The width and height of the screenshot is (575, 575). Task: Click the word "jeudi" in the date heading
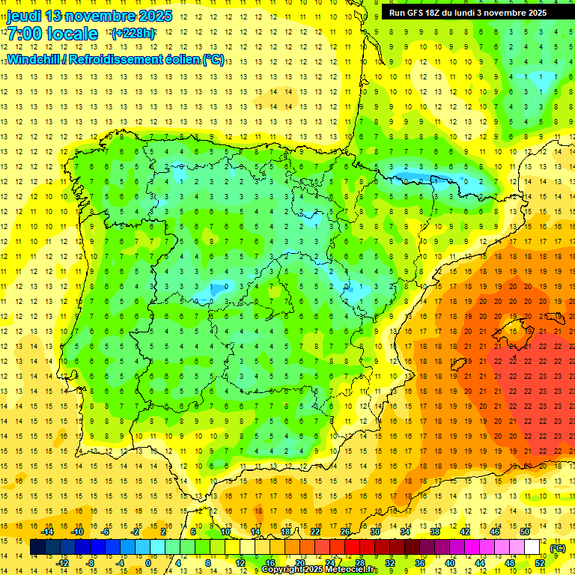24,16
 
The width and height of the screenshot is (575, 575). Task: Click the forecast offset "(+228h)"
133,34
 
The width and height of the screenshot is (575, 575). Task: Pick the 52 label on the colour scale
540,563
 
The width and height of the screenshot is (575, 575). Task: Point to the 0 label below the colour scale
148,563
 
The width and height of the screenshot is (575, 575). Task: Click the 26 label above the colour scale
345,532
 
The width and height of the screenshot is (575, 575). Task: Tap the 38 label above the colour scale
434,532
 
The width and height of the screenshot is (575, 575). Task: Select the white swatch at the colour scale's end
532,547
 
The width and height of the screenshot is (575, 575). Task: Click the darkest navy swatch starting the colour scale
37,547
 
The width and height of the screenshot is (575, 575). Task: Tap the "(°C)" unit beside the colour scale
558,548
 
